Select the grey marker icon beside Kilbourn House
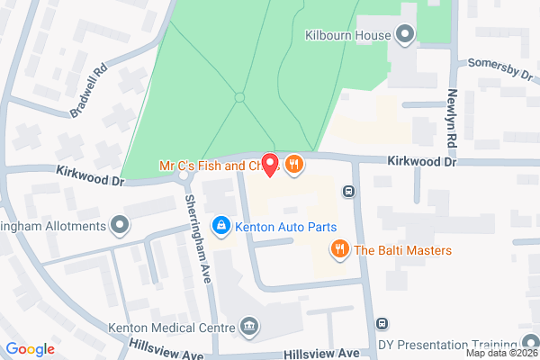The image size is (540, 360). (x=405, y=35)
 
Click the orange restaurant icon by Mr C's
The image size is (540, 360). (x=293, y=164)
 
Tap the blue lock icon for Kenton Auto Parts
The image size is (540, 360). (x=219, y=225)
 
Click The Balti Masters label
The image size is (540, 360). (x=402, y=249)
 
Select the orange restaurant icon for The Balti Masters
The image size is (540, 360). (x=339, y=249)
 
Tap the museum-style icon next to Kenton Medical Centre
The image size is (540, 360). (x=248, y=326)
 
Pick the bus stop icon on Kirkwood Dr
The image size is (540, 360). (x=348, y=191)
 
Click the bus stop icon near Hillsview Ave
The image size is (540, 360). (x=382, y=324)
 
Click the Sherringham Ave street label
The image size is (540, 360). (x=199, y=238)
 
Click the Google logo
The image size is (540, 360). (x=30, y=349)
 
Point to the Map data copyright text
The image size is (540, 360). (x=502, y=353)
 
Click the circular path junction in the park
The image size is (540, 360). (x=239, y=96)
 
